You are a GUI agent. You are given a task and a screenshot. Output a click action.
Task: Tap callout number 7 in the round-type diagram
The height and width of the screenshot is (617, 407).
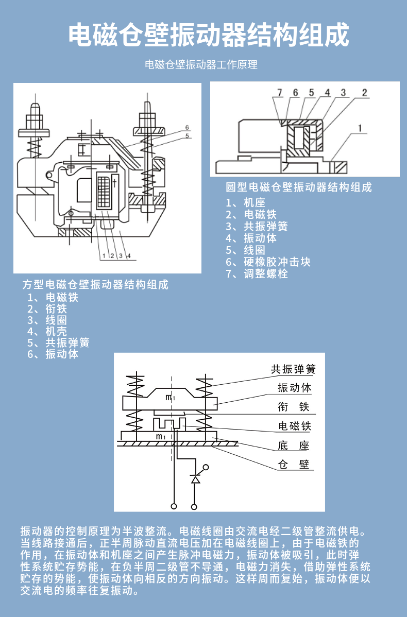(x=280, y=93)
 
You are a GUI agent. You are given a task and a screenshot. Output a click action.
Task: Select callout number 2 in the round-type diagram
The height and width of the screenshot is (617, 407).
(x=364, y=93)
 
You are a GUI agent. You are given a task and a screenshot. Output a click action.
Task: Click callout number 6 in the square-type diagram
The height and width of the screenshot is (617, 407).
(x=188, y=127)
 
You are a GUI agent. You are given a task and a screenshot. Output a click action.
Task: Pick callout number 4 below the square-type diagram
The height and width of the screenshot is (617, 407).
(x=129, y=255)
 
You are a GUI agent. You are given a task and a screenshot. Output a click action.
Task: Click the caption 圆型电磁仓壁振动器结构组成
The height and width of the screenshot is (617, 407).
(x=298, y=187)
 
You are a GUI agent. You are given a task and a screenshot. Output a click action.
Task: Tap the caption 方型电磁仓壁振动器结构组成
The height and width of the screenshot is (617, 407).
(x=95, y=284)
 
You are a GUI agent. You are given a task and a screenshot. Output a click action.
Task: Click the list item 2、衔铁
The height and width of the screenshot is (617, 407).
(x=47, y=309)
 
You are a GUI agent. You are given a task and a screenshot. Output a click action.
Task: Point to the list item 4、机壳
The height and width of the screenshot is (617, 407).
(x=47, y=332)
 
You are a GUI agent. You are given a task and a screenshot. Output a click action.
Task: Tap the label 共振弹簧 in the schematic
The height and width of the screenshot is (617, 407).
(x=293, y=369)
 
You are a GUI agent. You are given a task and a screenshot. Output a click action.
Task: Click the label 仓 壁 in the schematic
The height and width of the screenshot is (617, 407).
(x=294, y=465)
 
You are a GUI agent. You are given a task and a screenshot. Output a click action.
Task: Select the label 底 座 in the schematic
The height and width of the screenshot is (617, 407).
(x=294, y=445)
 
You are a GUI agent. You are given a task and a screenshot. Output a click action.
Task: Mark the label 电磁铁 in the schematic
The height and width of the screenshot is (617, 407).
(x=295, y=426)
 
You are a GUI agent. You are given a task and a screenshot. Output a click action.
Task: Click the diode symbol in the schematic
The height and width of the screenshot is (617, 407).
(x=195, y=479)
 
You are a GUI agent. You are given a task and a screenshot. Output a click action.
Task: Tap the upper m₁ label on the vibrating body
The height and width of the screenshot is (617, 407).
(x=169, y=397)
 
